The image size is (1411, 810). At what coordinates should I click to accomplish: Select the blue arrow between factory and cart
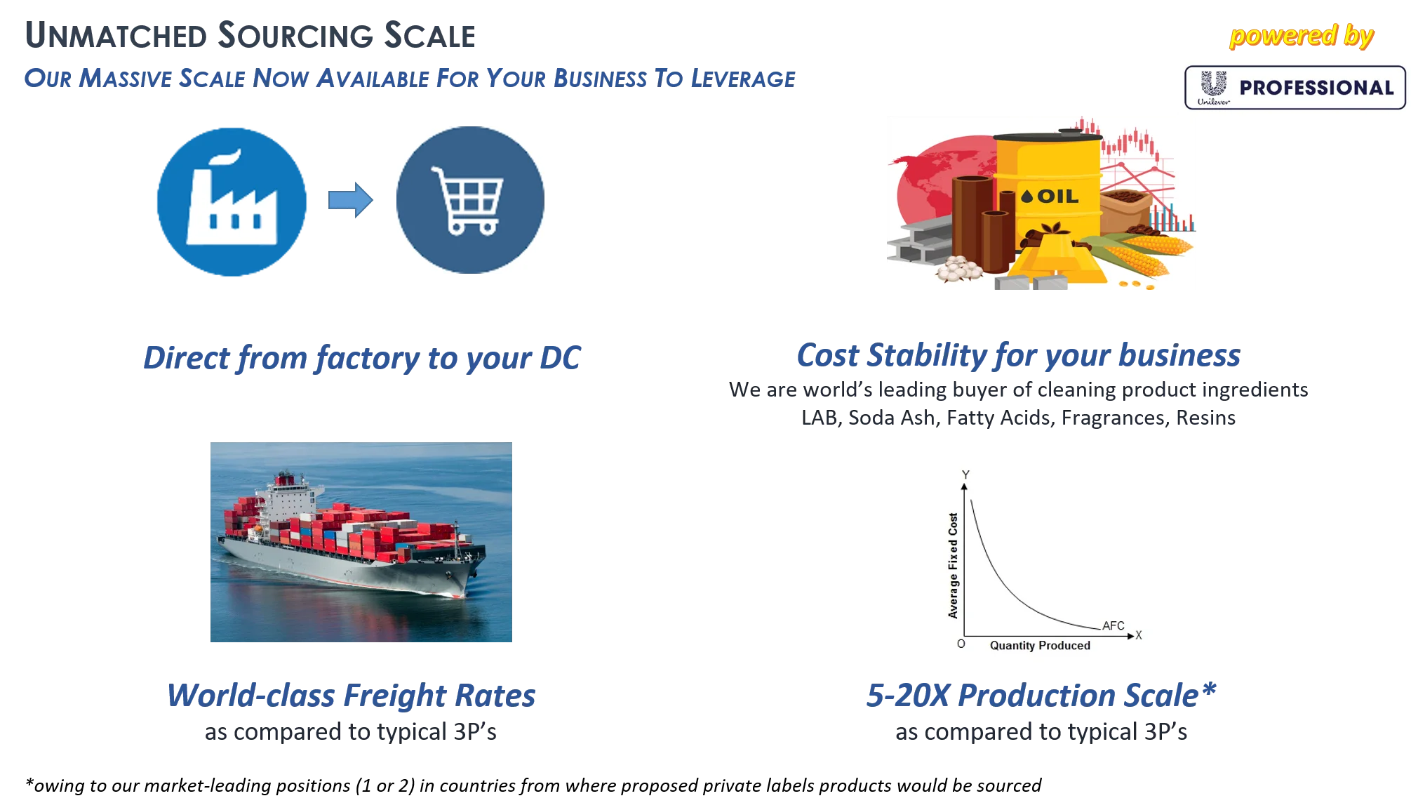point(351,200)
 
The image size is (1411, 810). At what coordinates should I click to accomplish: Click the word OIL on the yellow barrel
point(1058,197)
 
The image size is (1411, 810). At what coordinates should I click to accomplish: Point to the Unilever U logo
point(1214,84)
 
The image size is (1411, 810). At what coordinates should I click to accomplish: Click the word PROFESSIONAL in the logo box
point(1316,88)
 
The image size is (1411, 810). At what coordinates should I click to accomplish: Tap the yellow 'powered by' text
point(1302,36)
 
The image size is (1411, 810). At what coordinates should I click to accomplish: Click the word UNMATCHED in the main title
point(116,36)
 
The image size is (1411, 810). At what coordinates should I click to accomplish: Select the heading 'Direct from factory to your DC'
point(362,358)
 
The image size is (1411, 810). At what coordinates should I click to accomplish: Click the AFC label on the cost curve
point(1114,625)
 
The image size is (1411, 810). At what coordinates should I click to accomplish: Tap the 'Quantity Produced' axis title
point(1040,646)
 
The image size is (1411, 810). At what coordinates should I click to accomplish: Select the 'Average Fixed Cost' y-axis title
point(953,565)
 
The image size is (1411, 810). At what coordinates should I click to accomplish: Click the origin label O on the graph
point(961,644)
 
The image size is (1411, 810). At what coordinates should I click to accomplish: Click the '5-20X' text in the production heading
point(909,696)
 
